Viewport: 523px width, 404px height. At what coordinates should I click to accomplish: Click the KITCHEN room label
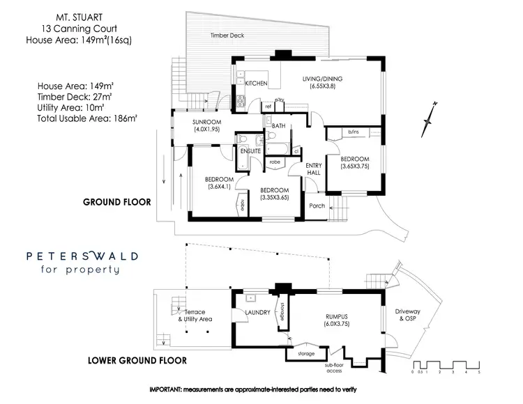tap(256, 84)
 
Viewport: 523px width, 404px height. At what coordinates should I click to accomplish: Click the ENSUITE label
tap(250, 150)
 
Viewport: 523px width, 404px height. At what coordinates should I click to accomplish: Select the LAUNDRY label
tap(257, 313)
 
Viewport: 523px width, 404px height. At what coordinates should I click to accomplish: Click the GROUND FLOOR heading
tap(116, 203)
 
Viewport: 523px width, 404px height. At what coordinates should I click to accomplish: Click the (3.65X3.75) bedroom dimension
tap(355, 166)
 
